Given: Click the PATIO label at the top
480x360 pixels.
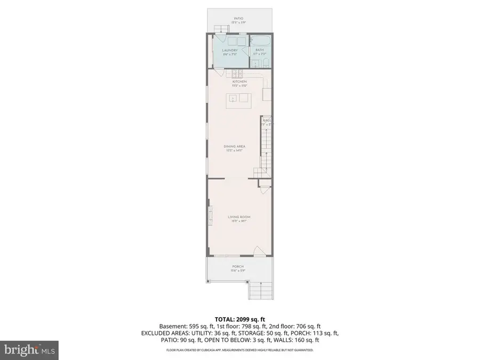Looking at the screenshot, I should tap(238, 19).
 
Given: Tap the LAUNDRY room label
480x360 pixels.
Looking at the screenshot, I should tap(230, 51).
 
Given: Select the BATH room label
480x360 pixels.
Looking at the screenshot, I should tap(259, 50).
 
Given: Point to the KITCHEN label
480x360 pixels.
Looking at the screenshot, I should tap(238, 82).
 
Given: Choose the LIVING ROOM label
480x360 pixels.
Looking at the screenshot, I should tap(238, 217).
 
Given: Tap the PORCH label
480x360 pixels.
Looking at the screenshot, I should tap(238, 267).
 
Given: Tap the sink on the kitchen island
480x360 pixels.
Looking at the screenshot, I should tap(233, 98).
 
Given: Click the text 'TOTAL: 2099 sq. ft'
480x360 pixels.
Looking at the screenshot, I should tap(240, 318).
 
